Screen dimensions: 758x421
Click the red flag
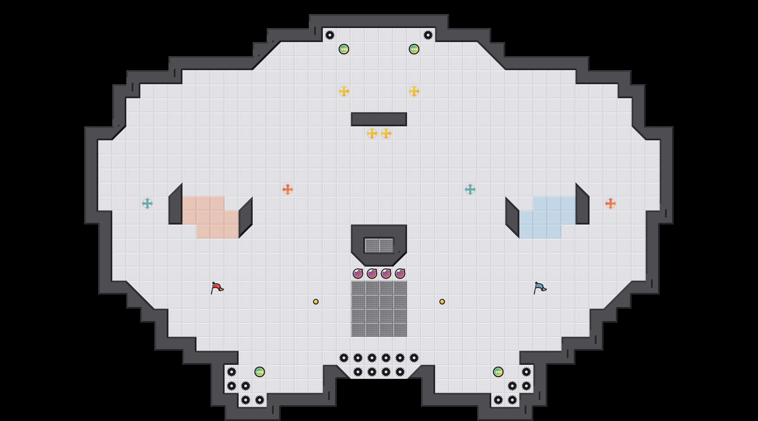point(217,288)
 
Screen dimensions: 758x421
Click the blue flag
point(540,288)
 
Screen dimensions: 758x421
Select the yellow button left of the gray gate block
point(316,302)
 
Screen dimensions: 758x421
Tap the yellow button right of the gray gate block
point(442,302)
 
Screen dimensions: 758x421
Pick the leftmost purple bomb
point(358,274)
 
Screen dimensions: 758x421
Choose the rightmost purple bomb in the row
point(400,274)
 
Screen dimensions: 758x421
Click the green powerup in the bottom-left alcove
point(260,372)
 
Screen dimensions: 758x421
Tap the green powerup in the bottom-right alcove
point(498,372)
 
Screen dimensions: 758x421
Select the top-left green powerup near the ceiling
point(344,49)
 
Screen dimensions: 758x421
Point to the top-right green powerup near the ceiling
point(414,49)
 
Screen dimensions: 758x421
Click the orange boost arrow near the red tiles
point(288,189)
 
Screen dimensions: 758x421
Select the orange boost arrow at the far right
point(611,203)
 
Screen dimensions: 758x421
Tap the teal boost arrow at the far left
point(147,203)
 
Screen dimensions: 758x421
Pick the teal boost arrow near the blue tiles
point(470,189)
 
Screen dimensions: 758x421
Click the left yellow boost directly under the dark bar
point(372,133)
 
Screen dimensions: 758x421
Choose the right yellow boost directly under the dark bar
point(386,133)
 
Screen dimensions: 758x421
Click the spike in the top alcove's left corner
point(330,35)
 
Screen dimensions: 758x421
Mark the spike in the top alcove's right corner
point(428,35)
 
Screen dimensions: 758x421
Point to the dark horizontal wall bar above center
point(379,119)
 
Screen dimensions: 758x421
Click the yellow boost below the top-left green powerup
point(344,91)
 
